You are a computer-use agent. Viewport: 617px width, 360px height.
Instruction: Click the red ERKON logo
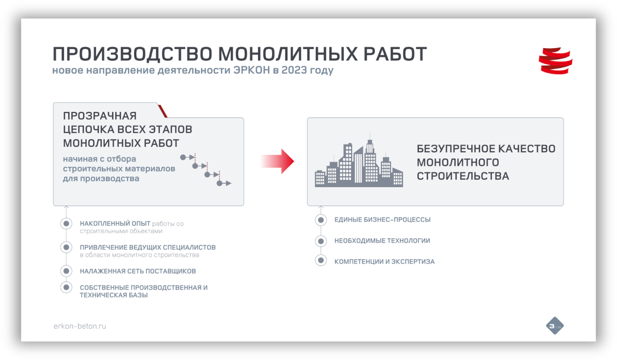pyautogui.click(x=555, y=61)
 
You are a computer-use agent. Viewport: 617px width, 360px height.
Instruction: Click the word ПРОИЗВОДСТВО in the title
pyautogui.click(x=133, y=54)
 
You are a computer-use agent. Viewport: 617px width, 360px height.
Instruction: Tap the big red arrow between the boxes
pyautogui.click(x=277, y=161)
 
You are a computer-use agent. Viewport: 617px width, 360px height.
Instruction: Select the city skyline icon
pyautogui.click(x=359, y=160)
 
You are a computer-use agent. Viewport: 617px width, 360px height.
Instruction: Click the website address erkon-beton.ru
pyautogui.click(x=80, y=326)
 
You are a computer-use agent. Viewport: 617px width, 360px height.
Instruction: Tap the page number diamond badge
pyautogui.click(x=555, y=326)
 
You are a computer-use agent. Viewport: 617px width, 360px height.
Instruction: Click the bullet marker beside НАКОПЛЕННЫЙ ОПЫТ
pyautogui.click(x=66, y=223)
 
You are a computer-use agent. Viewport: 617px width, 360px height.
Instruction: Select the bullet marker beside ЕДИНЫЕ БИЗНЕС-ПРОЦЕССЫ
pyautogui.click(x=321, y=220)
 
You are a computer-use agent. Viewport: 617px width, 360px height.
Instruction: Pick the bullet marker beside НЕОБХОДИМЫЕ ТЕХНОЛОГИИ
pyautogui.click(x=321, y=241)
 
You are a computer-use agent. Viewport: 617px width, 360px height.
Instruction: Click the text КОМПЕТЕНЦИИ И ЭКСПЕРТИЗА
pyautogui.click(x=385, y=261)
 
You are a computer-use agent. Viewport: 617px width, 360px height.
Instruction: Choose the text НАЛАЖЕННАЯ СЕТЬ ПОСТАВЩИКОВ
pyautogui.click(x=138, y=271)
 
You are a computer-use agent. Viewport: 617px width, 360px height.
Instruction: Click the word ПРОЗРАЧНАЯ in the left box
pyautogui.click(x=100, y=116)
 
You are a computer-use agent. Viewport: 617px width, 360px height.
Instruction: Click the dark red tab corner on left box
pyautogui.click(x=163, y=111)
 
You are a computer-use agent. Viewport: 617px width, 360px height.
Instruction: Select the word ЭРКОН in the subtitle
pyautogui.click(x=252, y=70)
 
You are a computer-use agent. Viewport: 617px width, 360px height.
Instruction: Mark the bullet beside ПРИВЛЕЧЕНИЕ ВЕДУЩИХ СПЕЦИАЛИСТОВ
pyautogui.click(x=66, y=247)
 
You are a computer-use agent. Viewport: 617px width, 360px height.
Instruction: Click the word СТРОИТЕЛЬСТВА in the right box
pyautogui.click(x=463, y=176)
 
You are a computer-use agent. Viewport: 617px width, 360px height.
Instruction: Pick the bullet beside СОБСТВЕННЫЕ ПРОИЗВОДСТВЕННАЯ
pyautogui.click(x=66, y=287)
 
